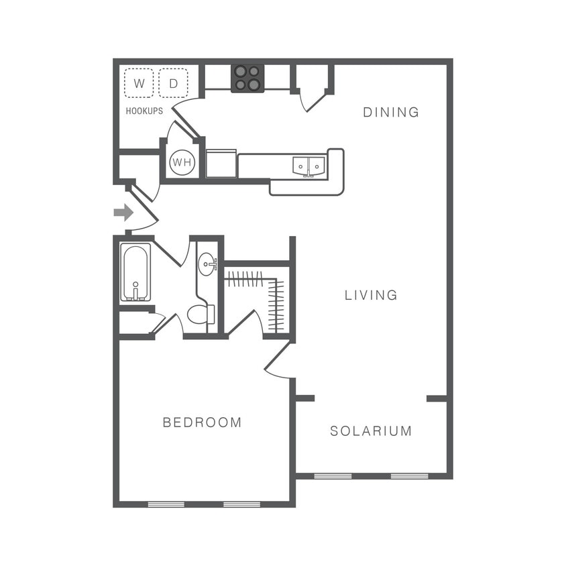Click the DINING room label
click(x=391, y=112)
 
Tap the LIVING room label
click(x=371, y=294)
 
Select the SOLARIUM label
click(x=371, y=431)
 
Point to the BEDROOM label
click(x=202, y=422)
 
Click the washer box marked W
click(x=139, y=83)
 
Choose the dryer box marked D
click(x=174, y=83)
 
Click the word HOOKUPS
click(x=144, y=111)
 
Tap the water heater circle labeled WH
click(x=182, y=162)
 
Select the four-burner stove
click(x=247, y=78)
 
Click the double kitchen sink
click(x=308, y=166)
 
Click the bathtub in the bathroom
click(x=135, y=272)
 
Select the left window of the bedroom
click(x=166, y=504)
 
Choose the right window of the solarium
click(x=409, y=476)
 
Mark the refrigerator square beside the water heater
click(x=221, y=164)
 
